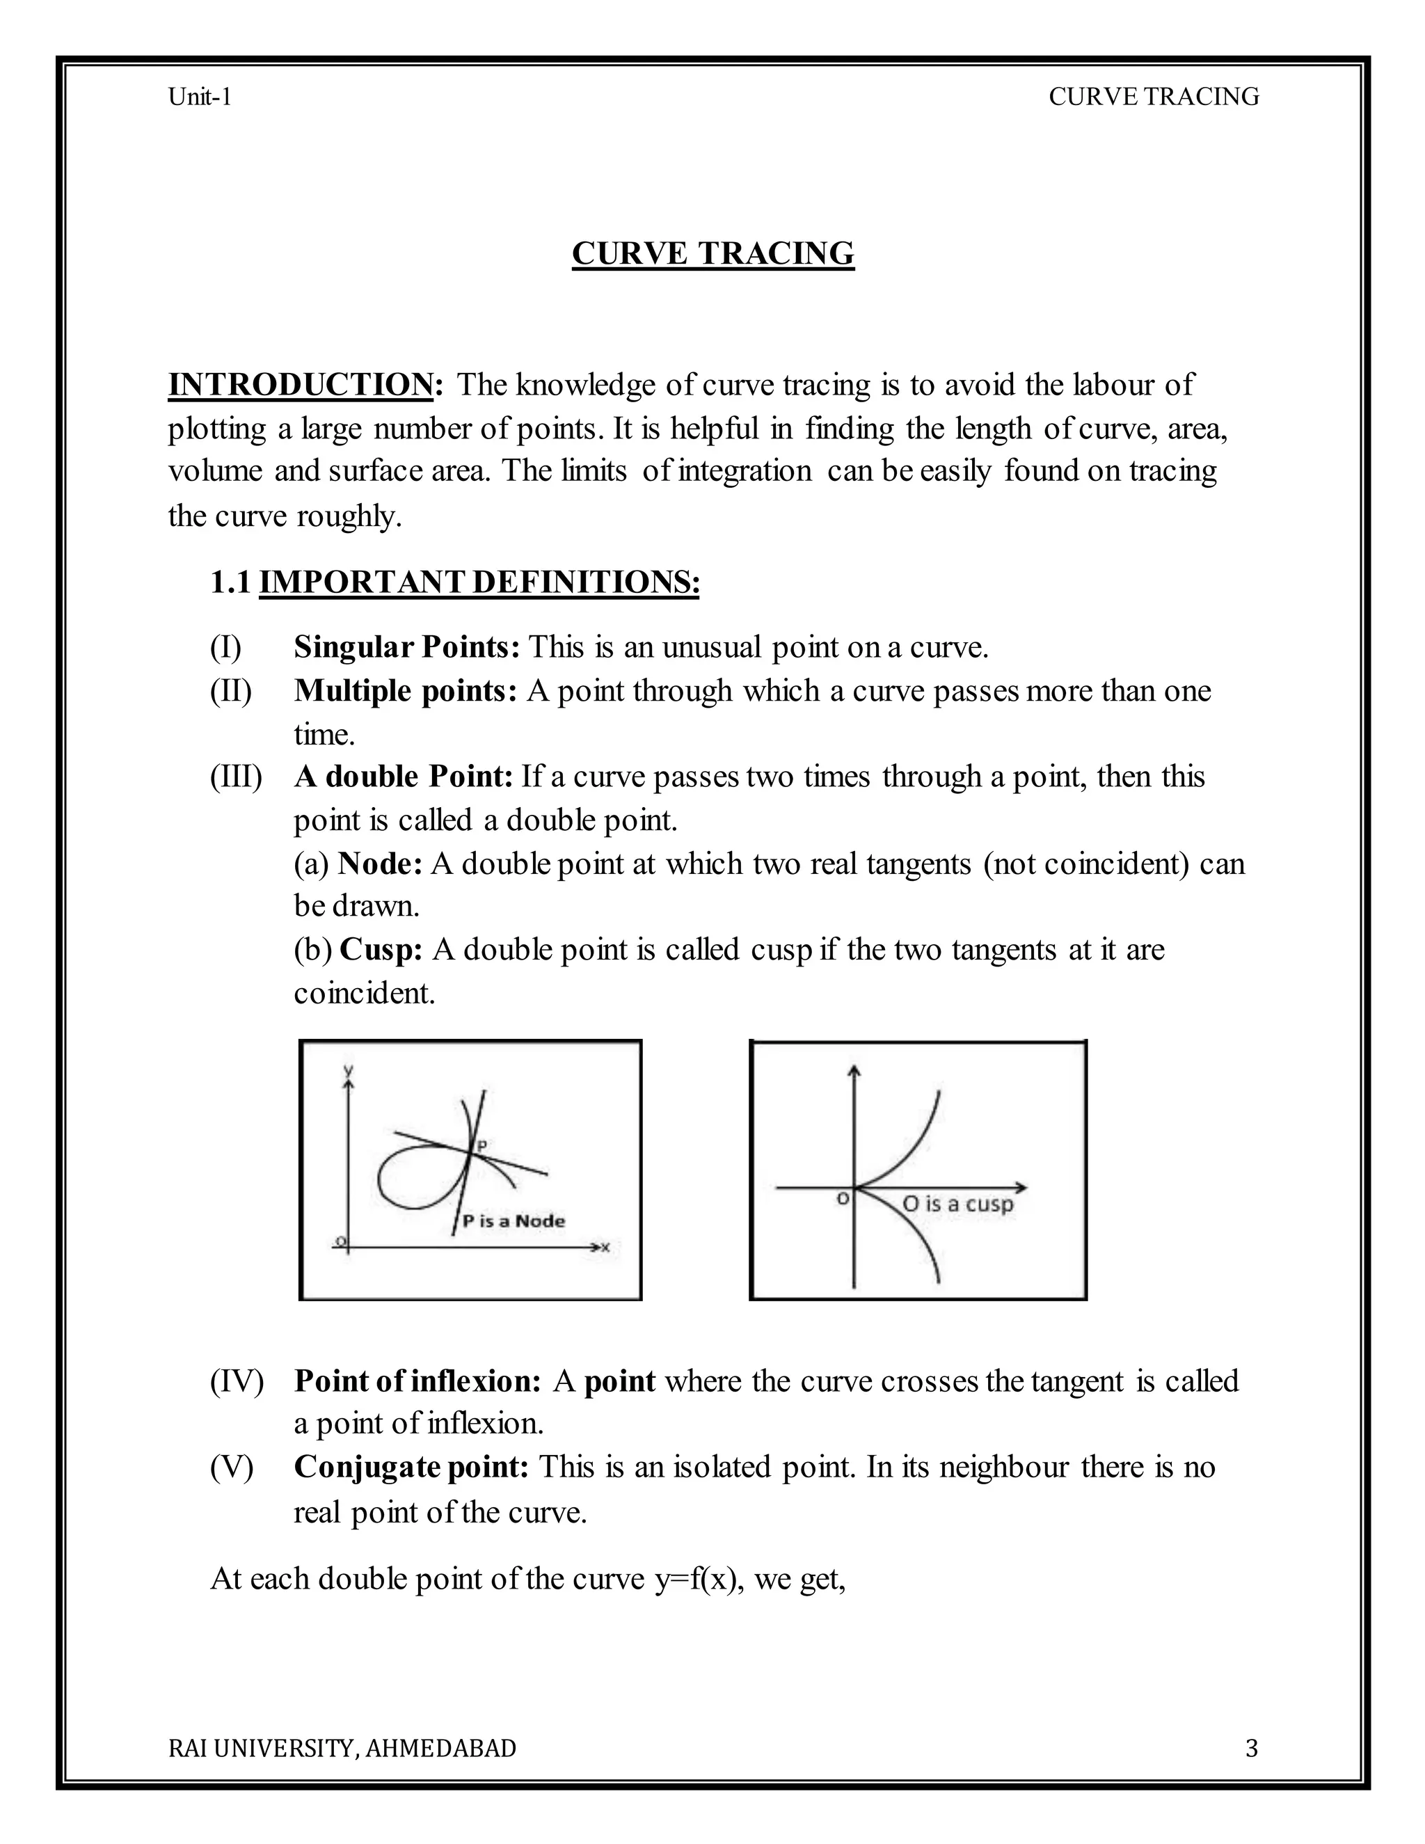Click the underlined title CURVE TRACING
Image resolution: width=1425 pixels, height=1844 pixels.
[712, 253]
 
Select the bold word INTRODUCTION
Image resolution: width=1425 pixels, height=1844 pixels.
[301, 385]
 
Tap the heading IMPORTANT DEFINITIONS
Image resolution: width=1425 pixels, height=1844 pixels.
[479, 582]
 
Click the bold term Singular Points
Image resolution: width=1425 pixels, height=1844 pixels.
[406, 648]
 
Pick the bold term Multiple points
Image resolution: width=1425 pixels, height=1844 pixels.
[404, 691]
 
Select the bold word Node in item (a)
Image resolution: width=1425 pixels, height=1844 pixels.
[379, 864]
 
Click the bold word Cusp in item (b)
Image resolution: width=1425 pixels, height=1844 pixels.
[380, 950]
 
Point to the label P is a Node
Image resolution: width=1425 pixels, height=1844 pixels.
[514, 1221]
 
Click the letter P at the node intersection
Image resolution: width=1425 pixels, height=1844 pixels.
[482, 1146]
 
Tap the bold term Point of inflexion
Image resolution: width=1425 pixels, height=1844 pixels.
[417, 1381]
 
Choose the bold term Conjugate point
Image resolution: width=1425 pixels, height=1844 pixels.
[411, 1468]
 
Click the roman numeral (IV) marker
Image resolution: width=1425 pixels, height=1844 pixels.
[237, 1381]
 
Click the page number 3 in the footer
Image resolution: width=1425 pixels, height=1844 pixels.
[1251, 1748]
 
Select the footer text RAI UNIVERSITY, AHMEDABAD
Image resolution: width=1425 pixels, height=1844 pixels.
[342, 1748]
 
